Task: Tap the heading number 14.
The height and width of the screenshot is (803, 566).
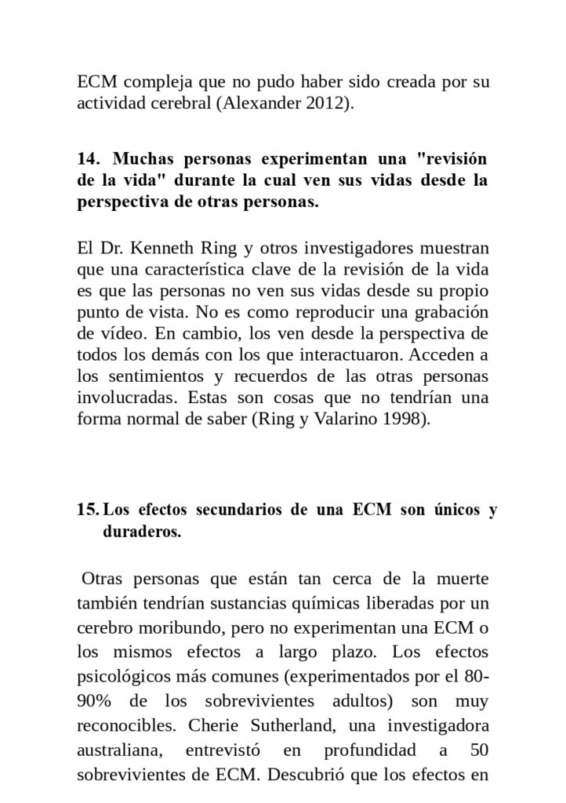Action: coord(87,158)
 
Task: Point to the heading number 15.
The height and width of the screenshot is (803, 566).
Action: coord(87,511)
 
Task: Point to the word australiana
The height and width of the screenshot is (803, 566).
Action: coord(119,750)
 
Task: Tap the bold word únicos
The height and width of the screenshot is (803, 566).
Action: coord(455,511)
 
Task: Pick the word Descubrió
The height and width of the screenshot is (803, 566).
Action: coord(304,776)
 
